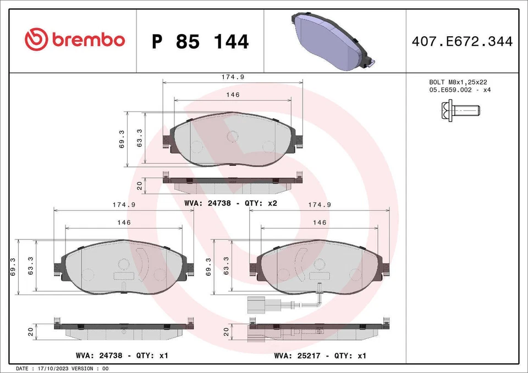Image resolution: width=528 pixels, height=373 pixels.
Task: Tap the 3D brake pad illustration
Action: [332, 42]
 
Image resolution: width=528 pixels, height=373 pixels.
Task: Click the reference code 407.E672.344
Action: [461, 41]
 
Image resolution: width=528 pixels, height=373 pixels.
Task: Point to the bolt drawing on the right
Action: [459, 110]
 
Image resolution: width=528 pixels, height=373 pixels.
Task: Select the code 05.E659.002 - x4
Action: [459, 90]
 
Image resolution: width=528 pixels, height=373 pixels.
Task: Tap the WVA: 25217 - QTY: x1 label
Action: [320, 355]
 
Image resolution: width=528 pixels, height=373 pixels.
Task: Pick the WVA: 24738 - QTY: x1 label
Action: [123, 355]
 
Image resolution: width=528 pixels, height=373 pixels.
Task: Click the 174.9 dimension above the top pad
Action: [232, 78]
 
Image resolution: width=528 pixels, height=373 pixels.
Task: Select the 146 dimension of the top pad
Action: [233, 95]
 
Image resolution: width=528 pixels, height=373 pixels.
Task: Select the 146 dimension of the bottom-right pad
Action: [320, 222]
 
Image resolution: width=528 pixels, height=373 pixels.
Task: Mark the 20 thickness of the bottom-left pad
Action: [31, 331]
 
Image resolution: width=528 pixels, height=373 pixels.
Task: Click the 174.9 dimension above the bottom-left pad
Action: [124, 204]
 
